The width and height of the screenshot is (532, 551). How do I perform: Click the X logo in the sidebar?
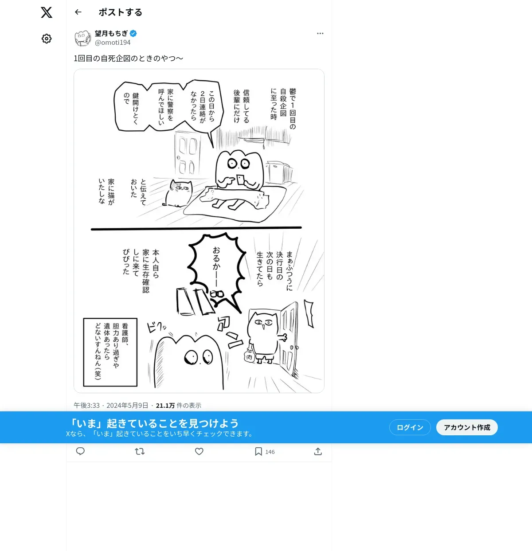tap(47, 12)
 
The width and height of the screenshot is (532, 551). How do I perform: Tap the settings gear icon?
tap(47, 39)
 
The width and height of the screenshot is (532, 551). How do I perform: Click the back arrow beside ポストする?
tap(78, 12)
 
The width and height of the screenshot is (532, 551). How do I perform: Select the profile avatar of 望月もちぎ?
tap(82, 38)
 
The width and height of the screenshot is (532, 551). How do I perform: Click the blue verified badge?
tap(133, 33)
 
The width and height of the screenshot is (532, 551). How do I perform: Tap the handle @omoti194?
tap(113, 43)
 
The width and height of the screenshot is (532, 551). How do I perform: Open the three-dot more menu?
tap(320, 33)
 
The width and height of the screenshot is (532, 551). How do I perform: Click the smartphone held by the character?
tap(241, 180)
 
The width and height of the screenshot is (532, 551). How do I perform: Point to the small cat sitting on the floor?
tap(178, 193)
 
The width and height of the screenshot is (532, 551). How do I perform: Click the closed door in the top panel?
tap(187, 153)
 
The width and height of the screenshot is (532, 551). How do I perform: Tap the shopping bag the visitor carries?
tap(249, 355)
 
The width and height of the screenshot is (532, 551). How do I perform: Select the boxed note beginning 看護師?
tap(110, 352)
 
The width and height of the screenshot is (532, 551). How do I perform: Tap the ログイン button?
tap(410, 427)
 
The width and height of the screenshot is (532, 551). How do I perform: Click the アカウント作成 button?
tap(467, 427)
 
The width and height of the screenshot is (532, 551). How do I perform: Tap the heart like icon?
tap(199, 451)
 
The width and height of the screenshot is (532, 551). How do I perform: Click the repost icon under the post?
tap(140, 451)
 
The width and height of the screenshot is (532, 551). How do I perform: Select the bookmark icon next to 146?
tap(258, 451)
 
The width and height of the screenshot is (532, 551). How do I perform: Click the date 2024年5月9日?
tap(127, 406)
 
